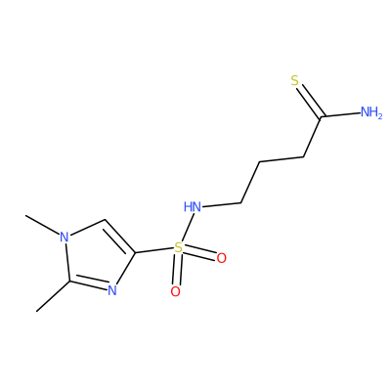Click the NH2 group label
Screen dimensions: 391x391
tap(371, 112)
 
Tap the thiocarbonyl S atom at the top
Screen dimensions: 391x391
tap(295, 80)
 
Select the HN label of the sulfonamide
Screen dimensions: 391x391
tap(193, 206)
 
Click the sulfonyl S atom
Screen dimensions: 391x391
tap(178, 247)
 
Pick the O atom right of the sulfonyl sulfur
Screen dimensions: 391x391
tap(221, 258)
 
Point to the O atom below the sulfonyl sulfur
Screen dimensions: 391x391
tap(175, 291)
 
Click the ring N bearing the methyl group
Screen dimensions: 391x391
tap(65, 237)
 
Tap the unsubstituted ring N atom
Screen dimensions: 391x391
tap(111, 289)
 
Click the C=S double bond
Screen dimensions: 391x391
tap(310, 99)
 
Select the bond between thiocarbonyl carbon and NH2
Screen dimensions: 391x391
tap(341, 114)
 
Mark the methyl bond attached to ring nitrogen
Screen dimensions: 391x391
tap(43, 225)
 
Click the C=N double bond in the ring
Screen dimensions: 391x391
tap(88, 284)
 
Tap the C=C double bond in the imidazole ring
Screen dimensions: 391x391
tap(119, 237)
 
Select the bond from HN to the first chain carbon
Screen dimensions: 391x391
tap(222, 205)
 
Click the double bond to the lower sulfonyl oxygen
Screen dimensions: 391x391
tap(177, 270)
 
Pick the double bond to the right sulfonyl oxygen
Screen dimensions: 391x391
tap(200, 253)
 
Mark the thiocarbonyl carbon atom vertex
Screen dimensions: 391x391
tap(321, 116)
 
